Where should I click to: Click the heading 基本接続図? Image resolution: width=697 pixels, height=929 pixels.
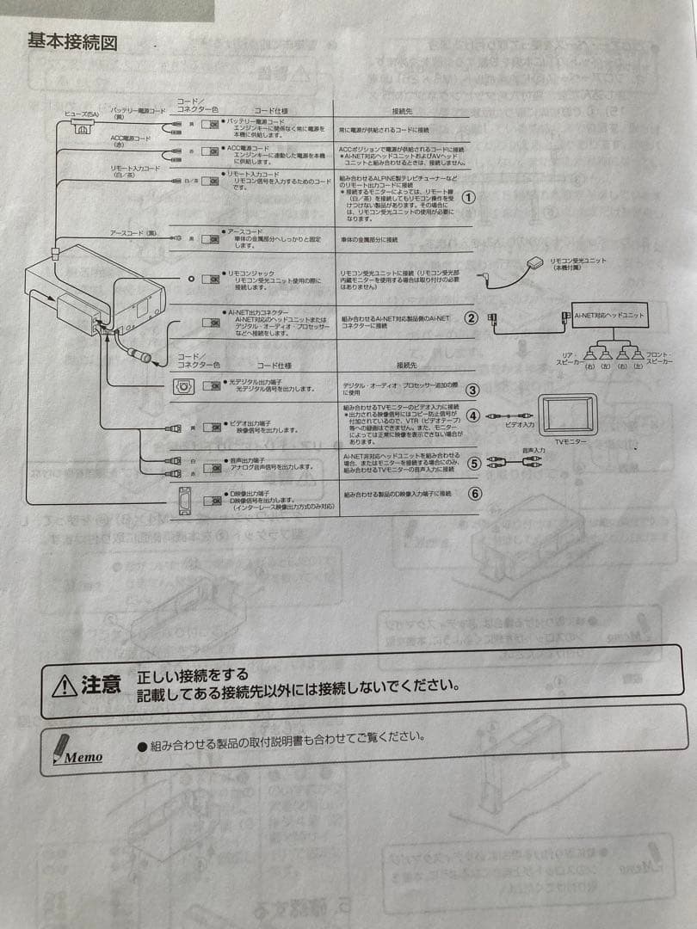click(x=72, y=41)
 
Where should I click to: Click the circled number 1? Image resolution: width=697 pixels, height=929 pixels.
click(x=469, y=196)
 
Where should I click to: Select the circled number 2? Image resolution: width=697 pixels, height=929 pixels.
click(x=471, y=317)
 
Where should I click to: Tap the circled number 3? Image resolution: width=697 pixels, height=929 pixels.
click(x=472, y=390)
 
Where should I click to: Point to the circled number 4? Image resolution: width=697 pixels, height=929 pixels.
click(x=472, y=415)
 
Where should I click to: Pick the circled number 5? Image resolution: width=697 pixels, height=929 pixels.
click(x=472, y=463)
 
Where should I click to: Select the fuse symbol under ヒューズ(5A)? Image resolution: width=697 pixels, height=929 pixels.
click(x=83, y=128)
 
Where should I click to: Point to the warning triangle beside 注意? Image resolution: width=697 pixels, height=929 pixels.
click(x=65, y=686)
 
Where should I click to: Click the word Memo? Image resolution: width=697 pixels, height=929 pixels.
click(x=83, y=757)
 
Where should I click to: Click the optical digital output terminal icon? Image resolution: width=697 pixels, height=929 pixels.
click(x=182, y=387)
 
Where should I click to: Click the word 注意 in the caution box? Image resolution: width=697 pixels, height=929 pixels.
click(x=102, y=685)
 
